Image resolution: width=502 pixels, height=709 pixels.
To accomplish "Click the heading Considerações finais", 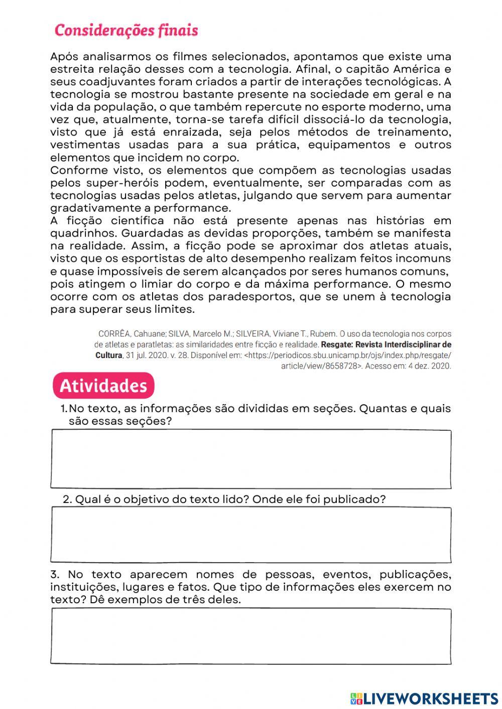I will click(126, 31).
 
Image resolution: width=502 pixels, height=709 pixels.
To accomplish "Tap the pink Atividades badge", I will click(103, 386).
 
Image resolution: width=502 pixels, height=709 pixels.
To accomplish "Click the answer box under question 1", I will click(250, 459).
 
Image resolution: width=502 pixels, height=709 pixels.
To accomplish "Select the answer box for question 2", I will click(250, 535).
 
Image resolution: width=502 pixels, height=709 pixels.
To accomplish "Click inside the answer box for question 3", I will click(250, 636).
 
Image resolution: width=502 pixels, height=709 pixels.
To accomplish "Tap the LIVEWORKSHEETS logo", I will click(424, 698).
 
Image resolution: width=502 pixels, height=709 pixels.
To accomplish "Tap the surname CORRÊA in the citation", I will click(114, 334).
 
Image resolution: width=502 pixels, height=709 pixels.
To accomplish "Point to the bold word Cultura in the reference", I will click(108, 356).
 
